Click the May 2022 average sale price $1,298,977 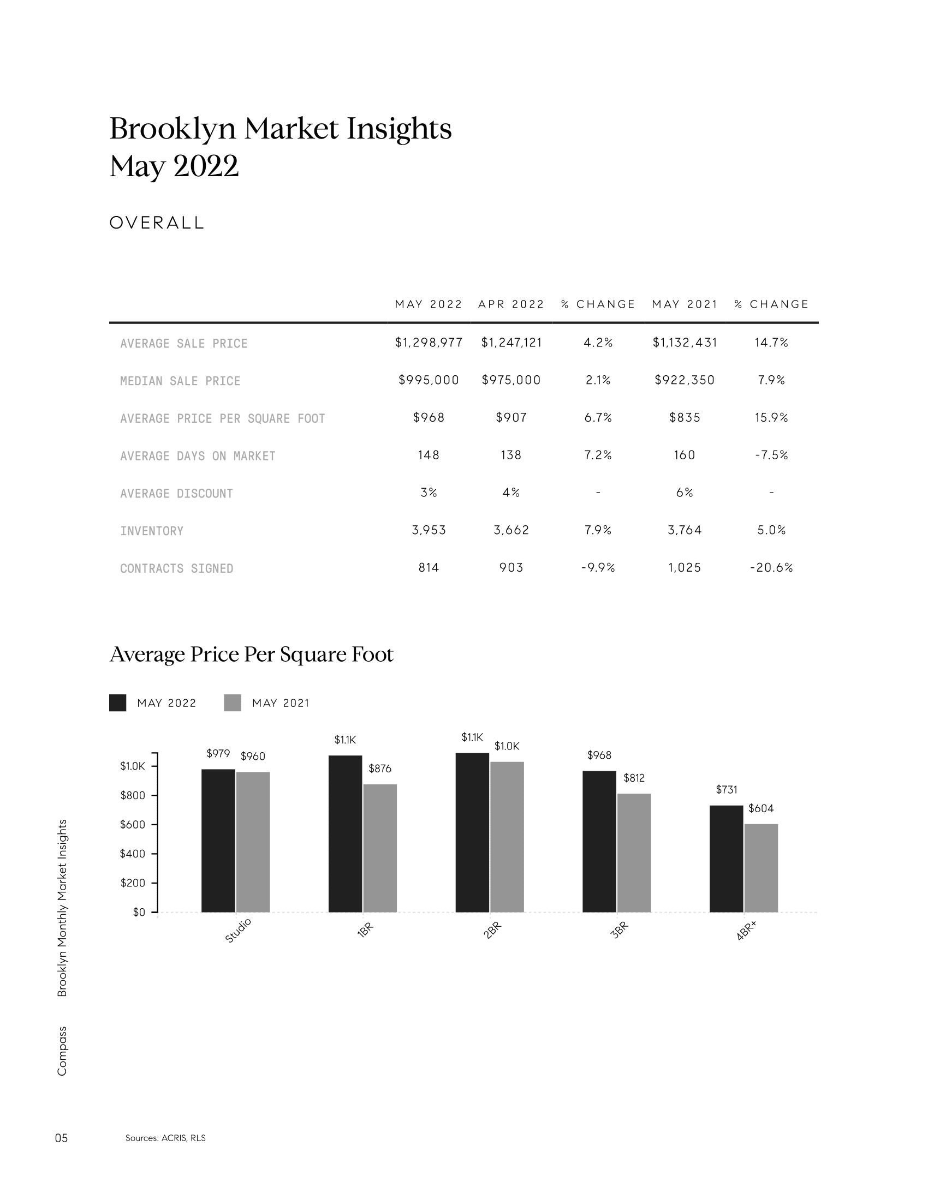[x=429, y=343]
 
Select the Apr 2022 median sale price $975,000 [x=511, y=380]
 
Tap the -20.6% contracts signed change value [x=771, y=568]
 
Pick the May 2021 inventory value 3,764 [x=685, y=530]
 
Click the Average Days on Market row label [x=198, y=456]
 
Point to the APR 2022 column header [x=511, y=304]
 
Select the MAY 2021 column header [x=685, y=304]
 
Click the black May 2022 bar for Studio [x=218, y=841]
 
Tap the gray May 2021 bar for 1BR [x=380, y=848]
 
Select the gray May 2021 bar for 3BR [x=634, y=853]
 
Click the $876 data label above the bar [x=380, y=769]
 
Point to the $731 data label [x=726, y=790]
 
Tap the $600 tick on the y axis [x=133, y=825]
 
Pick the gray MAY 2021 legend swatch [x=233, y=703]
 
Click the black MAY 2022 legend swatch [x=118, y=703]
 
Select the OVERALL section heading [x=157, y=223]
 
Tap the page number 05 [x=62, y=1138]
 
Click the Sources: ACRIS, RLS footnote [x=165, y=1138]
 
